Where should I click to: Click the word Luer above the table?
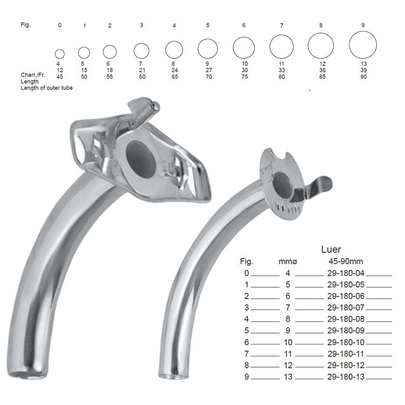[x=331, y=249]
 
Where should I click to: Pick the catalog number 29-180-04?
[x=346, y=273]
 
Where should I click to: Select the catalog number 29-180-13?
[x=346, y=377]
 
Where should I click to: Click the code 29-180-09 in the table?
[x=346, y=330]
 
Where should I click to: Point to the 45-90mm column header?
[x=346, y=261]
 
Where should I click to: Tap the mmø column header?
[x=288, y=262]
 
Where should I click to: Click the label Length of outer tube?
[x=46, y=88]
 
